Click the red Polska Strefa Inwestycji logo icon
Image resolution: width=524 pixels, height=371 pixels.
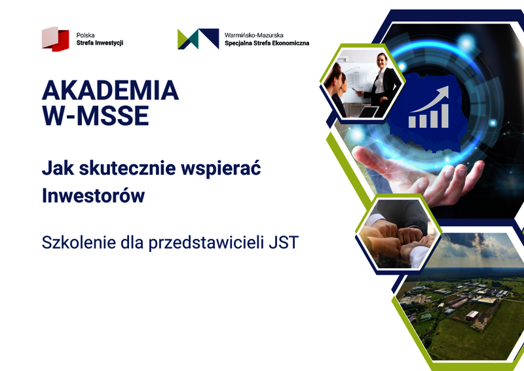56,39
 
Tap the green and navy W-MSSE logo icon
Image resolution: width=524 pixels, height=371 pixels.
198,39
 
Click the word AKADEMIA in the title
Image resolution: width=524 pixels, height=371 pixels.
110,90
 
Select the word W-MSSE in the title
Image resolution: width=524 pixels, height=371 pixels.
95,116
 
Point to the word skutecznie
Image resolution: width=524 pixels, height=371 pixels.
127,168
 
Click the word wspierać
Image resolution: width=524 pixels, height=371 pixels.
221,169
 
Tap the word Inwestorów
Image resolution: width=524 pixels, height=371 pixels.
93,196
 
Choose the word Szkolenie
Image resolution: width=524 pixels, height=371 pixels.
79,243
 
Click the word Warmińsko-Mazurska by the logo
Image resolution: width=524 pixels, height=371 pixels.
254,35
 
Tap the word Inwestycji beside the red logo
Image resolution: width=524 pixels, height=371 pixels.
109,43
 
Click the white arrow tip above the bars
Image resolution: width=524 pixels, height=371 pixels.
447,88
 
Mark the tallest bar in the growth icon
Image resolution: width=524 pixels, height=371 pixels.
445,116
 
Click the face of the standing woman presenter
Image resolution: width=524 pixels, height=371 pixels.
383,61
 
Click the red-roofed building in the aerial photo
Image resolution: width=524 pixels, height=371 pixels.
472,315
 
